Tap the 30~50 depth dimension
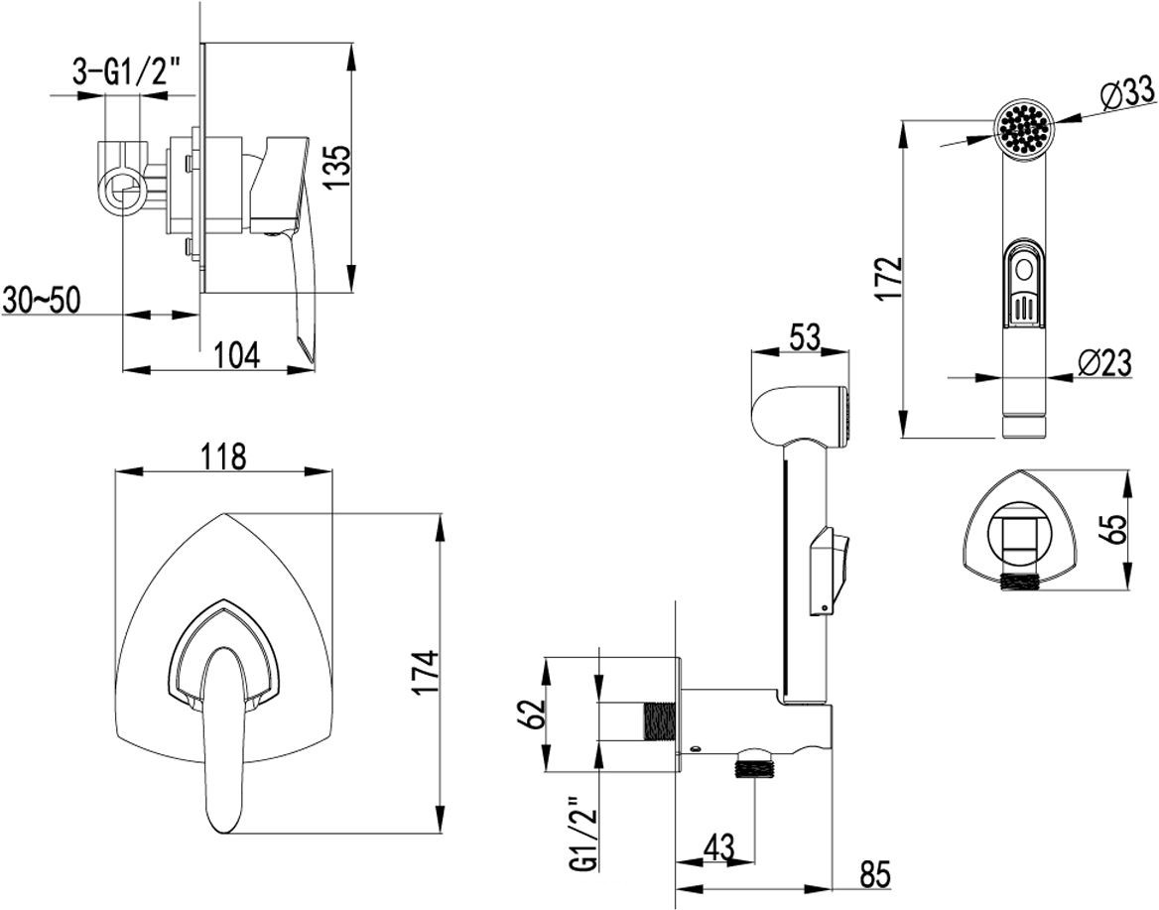point(41,301)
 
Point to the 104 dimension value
point(238,354)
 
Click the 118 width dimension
point(222,457)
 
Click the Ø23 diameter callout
point(1102,363)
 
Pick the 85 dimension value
point(874,875)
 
